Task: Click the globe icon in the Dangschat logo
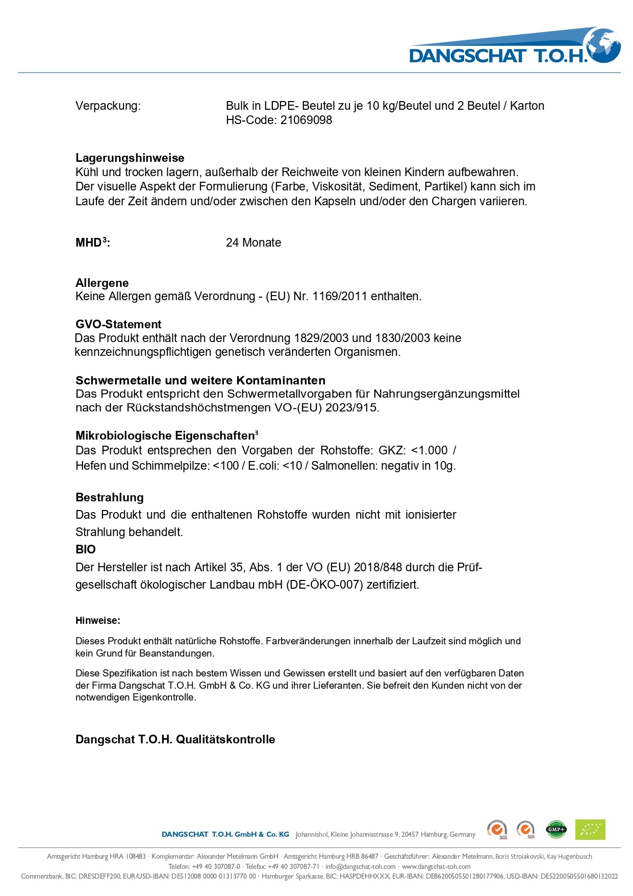[603, 45]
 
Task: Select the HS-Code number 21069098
[306, 120]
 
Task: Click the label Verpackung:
[108, 106]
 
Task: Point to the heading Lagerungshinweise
[130, 158]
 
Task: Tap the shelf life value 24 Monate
[254, 243]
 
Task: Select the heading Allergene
[102, 283]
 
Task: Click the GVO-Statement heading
[118, 324]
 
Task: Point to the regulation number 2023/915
[352, 408]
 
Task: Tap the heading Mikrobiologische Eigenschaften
[166, 435]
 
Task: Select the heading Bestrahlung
[110, 497]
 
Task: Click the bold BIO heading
[86, 549]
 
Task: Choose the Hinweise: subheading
[98, 621]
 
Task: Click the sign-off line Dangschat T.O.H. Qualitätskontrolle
[175, 739]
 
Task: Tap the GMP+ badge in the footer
[556, 830]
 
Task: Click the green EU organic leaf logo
[590, 830]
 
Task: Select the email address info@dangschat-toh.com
[360, 866]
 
